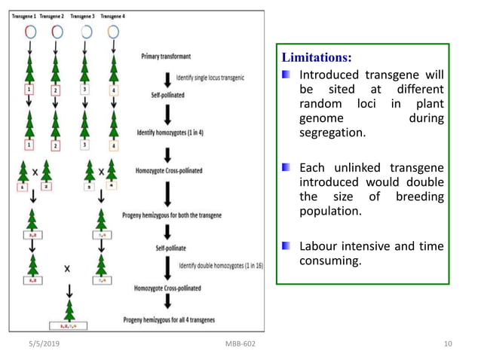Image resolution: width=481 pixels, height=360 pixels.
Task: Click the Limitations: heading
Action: (317, 58)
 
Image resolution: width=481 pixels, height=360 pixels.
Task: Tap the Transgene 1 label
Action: (23, 16)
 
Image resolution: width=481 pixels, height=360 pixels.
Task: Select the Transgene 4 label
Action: (113, 16)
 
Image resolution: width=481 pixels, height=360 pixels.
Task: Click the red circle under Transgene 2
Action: (57, 32)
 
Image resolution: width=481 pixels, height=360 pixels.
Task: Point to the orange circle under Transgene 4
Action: (113, 32)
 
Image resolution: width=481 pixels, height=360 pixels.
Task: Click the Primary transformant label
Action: (166, 56)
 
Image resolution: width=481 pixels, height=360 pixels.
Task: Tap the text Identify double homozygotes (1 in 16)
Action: (220, 266)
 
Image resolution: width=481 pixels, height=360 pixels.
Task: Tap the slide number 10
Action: (448, 344)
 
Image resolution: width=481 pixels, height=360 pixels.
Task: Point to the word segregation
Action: (332, 133)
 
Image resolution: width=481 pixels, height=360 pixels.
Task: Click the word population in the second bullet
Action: (330, 211)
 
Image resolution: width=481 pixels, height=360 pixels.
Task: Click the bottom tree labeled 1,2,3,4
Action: (69, 309)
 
